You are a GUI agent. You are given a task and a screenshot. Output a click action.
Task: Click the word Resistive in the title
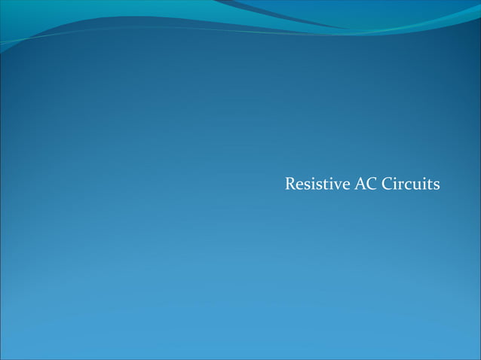(317, 184)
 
